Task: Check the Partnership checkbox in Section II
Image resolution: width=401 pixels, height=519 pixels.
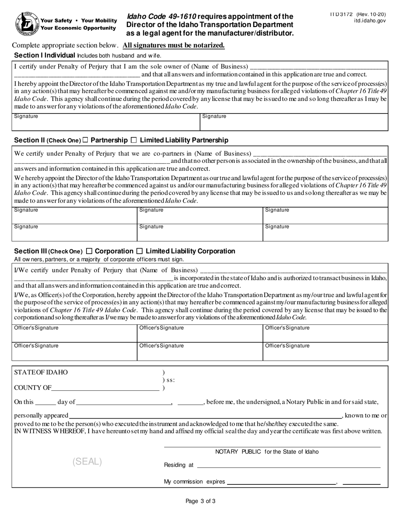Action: tap(85, 140)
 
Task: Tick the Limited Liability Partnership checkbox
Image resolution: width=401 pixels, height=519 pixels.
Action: tap(134, 140)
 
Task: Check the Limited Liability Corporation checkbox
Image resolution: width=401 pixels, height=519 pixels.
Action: tap(140, 251)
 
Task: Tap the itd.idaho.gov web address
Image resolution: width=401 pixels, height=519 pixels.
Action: tap(370, 20)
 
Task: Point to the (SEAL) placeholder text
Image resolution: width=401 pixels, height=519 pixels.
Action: tap(87, 462)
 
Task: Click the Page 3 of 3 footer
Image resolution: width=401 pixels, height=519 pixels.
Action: tap(200, 501)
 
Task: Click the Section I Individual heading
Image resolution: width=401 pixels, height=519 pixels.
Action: tap(45, 55)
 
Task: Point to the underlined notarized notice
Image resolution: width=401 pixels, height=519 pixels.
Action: tap(173, 46)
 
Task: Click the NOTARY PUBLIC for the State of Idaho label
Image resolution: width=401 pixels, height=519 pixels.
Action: tap(267, 452)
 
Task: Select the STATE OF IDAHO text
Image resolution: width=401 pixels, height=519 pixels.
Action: tap(41, 373)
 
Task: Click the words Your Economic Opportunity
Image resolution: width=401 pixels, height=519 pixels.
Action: tap(78, 28)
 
